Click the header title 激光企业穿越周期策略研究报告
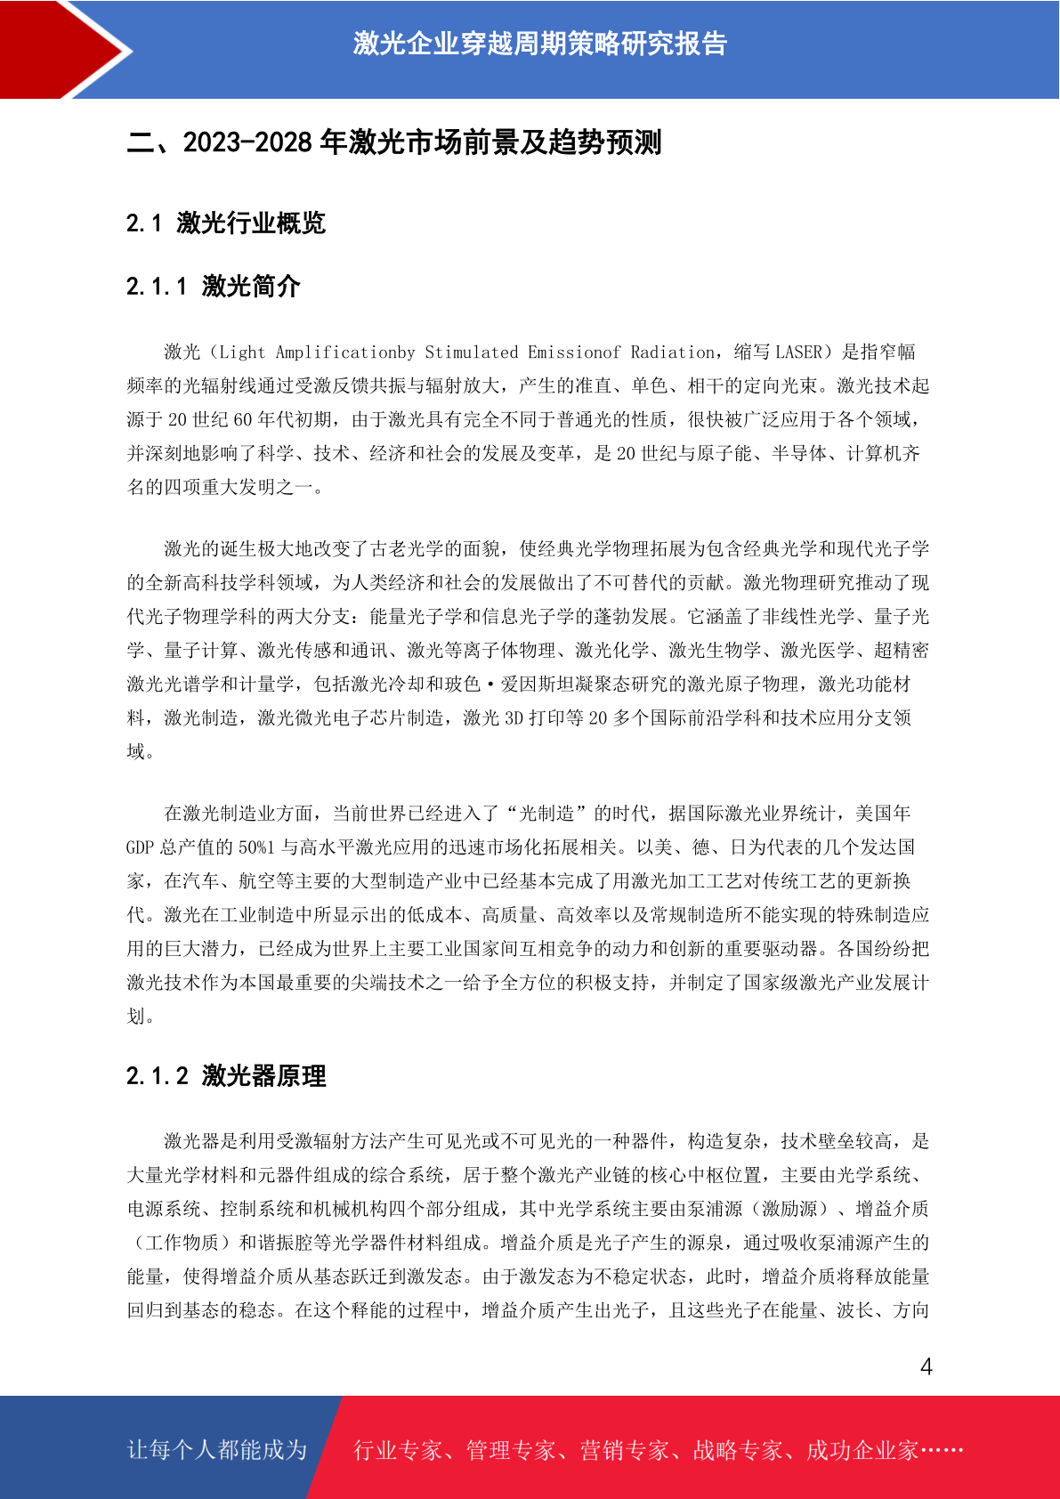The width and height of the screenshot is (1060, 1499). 539,44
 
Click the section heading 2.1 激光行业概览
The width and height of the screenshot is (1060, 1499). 226,223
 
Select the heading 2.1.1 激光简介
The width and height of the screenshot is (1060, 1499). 214,286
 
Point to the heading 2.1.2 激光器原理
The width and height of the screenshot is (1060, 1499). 226,1075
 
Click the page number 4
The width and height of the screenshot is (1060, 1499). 926,1366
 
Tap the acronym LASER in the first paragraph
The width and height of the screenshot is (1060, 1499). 799,352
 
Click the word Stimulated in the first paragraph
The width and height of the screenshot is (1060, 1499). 472,352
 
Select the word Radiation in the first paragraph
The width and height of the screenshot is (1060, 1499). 673,352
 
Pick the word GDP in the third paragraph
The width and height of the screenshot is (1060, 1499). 140,847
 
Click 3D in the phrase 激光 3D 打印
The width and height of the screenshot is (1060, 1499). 514,718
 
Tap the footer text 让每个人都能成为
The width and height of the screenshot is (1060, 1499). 217,1450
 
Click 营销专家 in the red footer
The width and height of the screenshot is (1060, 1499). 624,1450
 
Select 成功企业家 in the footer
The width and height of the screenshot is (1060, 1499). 862,1450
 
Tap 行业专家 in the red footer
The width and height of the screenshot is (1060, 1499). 398,1450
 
